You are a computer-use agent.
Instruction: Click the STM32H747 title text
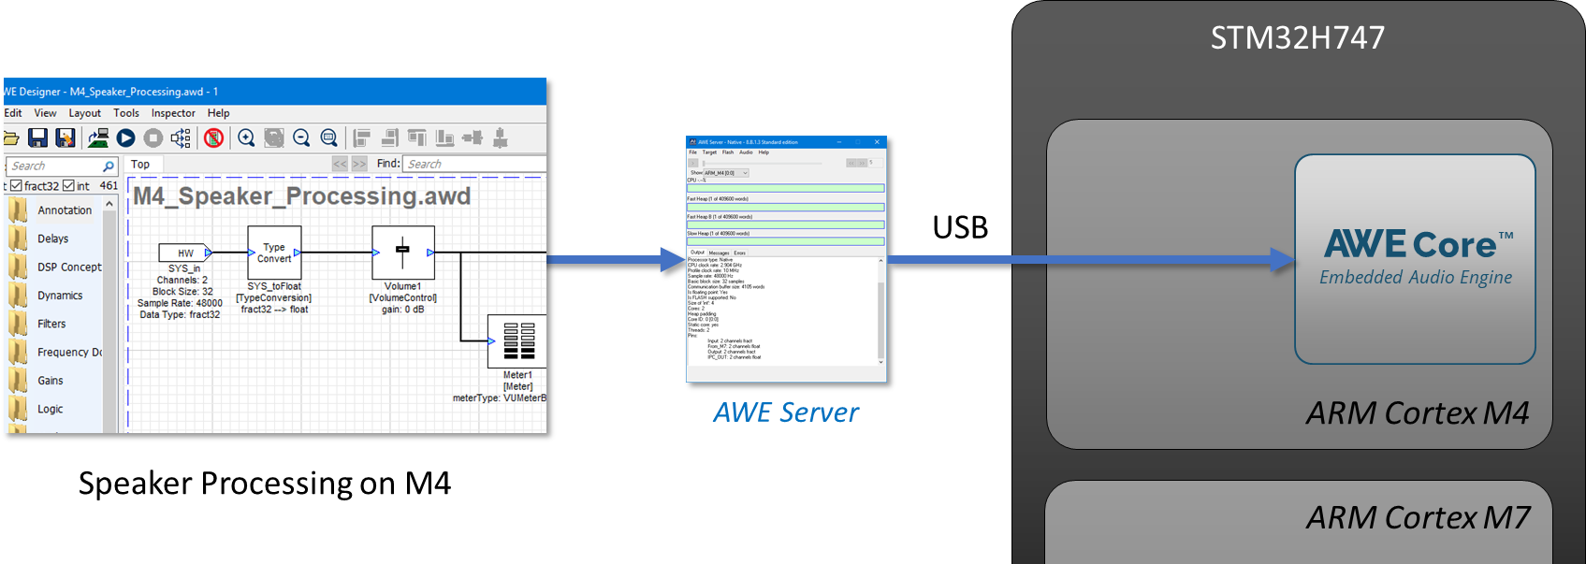click(x=1297, y=37)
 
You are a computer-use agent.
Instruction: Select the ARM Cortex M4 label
click(x=1417, y=412)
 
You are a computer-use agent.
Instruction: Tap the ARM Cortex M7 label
click(x=1417, y=517)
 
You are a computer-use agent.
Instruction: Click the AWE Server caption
click(x=785, y=412)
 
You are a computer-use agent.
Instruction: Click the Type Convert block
click(x=274, y=253)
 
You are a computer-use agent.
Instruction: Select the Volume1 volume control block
click(x=402, y=252)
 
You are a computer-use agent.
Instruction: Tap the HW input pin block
click(x=185, y=253)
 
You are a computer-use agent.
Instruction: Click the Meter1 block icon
click(x=517, y=341)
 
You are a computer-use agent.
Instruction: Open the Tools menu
click(x=126, y=113)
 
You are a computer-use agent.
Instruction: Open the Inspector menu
click(x=173, y=113)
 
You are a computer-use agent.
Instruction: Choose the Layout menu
click(x=84, y=113)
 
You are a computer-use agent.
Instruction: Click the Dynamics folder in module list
click(x=60, y=296)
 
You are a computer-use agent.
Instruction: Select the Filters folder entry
click(x=51, y=324)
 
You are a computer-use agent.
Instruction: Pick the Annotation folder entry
click(x=65, y=210)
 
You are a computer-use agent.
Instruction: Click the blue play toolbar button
click(x=125, y=138)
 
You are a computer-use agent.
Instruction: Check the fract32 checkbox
click(x=16, y=186)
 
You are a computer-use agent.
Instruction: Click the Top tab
click(x=140, y=165)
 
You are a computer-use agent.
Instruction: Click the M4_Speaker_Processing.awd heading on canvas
click(x=301, y=196)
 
